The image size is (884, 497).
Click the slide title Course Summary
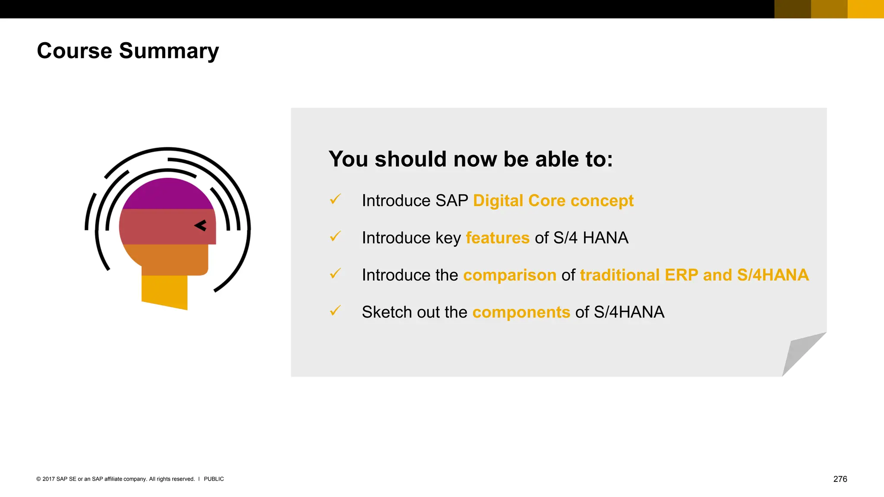[128, 51]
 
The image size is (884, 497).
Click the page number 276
[840, 479]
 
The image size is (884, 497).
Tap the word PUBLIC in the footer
[214, 479]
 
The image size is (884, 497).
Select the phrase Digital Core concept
[553, 201]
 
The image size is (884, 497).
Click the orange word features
[497, 238]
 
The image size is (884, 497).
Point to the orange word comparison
[509, 275]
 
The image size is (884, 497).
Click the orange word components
[521, 312]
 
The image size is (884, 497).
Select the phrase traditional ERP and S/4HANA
[694, 275]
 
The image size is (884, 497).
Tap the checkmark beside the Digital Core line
[335, 199]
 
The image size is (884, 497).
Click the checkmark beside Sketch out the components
[335, 310]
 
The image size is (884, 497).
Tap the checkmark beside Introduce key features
[335, 236]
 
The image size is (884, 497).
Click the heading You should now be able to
[470, 159]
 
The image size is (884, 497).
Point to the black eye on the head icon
[201, 225]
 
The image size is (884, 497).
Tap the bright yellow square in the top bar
[865, 9]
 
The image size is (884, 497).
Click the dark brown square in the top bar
[792, 9]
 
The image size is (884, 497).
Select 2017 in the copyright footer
[49, 479]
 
